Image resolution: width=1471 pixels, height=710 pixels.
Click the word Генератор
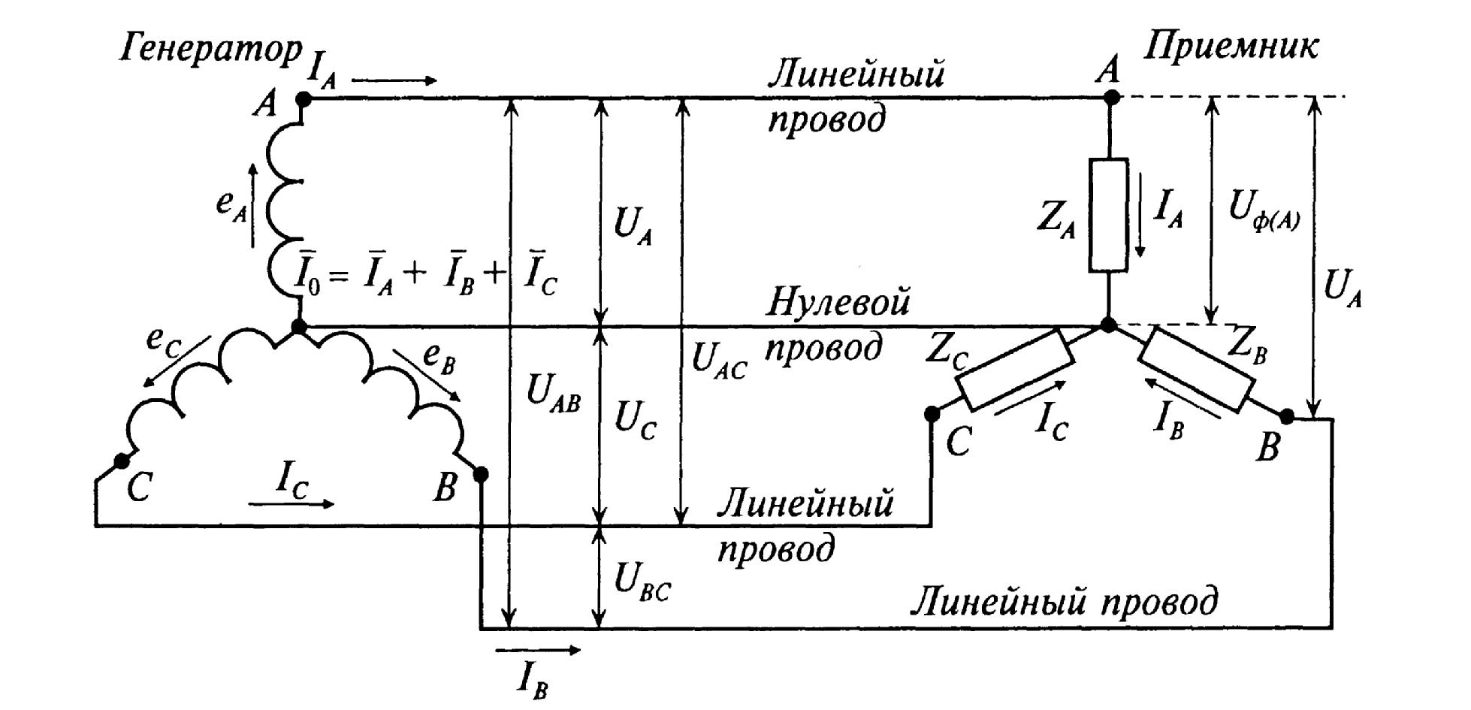click(213, 51)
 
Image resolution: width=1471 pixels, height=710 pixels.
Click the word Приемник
click(1231, 47)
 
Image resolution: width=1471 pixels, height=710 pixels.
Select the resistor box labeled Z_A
click(1109, 215)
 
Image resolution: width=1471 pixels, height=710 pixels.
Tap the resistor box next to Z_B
click(1195, 369)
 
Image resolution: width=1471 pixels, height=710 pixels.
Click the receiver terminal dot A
click(1111, 97)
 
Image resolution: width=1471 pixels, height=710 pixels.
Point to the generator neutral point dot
click(299, 327)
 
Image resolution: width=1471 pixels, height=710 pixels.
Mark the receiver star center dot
click(1108, 325)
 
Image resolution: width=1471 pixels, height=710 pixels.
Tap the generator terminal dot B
click(482, 474)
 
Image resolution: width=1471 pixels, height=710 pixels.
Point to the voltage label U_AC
click(718, 361)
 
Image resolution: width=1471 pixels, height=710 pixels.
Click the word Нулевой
click(838, 303)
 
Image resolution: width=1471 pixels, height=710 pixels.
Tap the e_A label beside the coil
click(231, 203)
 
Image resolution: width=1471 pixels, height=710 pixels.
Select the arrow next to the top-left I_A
click(394, 80)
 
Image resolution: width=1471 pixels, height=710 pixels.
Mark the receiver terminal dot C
click(932, 412)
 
